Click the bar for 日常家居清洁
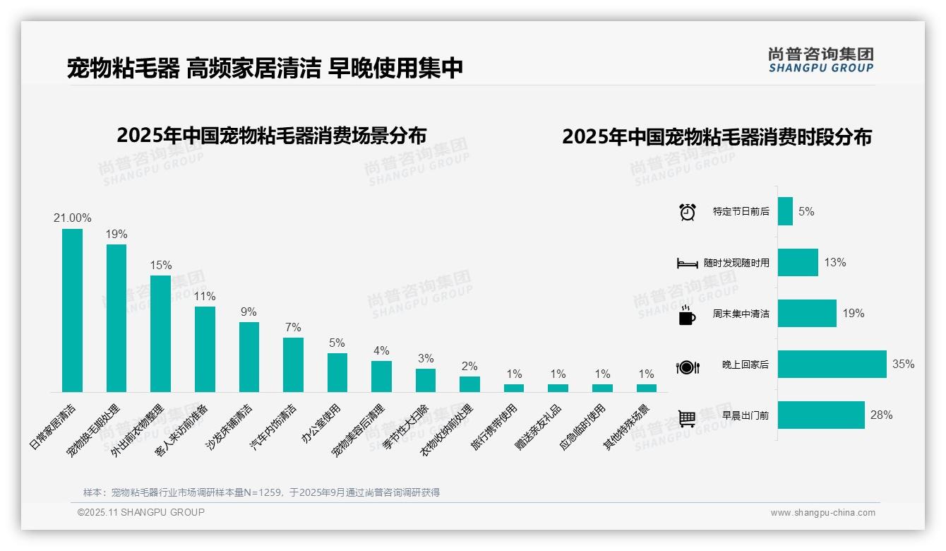tap(72, 310)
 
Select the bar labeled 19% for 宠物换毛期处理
tap(116, 318)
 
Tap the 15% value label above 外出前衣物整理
tap(160, 266)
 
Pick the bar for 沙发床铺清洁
tap(249, 357)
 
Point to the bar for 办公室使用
tap(337, 372)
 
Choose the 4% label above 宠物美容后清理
tap(381, 351)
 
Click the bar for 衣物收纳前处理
tap(469, 384)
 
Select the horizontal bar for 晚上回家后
tap(832, 365)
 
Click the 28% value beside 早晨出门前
tap(881, 415)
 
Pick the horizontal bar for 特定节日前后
tap(785, 211)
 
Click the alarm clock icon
tap(687, 212)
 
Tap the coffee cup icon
tap(687, 315)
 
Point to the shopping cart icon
tap(687, 418)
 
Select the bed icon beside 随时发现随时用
tap(687, 263)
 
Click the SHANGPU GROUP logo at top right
tap(820, 60)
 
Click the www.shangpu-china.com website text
tap(822, 513)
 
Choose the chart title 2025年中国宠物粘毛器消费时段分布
tap(717, 137)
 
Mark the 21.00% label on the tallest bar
tap(72, 218)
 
